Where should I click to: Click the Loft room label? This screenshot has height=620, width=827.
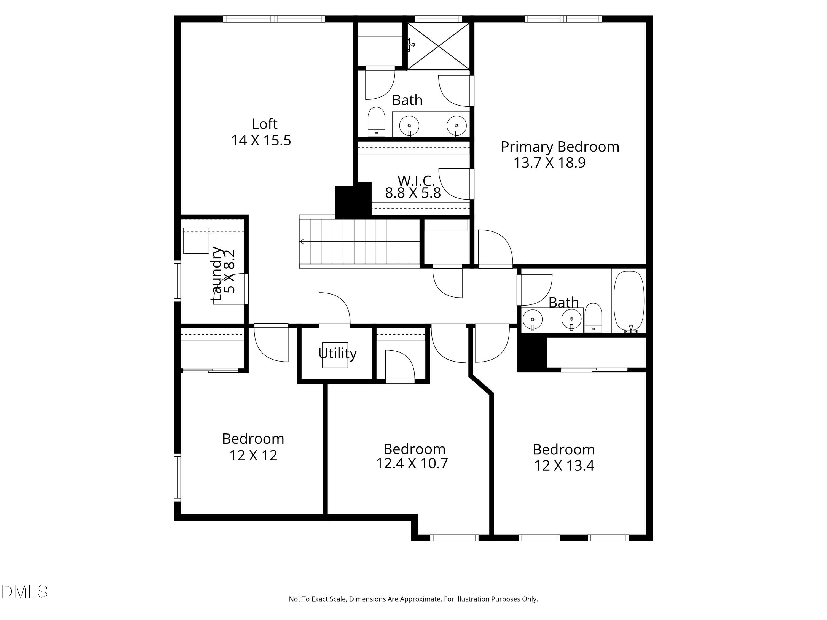(x=264, y=124)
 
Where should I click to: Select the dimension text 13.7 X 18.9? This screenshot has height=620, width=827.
(x=549, y=163)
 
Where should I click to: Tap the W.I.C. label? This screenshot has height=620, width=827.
(x=416, y=180)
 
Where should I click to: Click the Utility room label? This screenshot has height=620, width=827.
(x=337, y=353)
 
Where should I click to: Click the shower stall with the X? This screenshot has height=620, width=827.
(x=438, y=46)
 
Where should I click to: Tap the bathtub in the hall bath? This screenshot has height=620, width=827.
(x=629, y=301)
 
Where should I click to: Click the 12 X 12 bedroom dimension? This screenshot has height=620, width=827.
(x=253, y=455)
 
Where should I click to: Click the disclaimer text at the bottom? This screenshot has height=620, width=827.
(x=413, y=599)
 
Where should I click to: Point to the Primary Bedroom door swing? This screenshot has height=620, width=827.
(x=495, y=248)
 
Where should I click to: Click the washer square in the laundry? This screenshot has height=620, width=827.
(x=196, y=241)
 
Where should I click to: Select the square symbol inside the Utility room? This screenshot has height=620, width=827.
(x=335, y=355)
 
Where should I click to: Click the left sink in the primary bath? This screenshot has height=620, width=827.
(x=409, y=126)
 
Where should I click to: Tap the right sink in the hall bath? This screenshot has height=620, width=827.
(x=571, y=319)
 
